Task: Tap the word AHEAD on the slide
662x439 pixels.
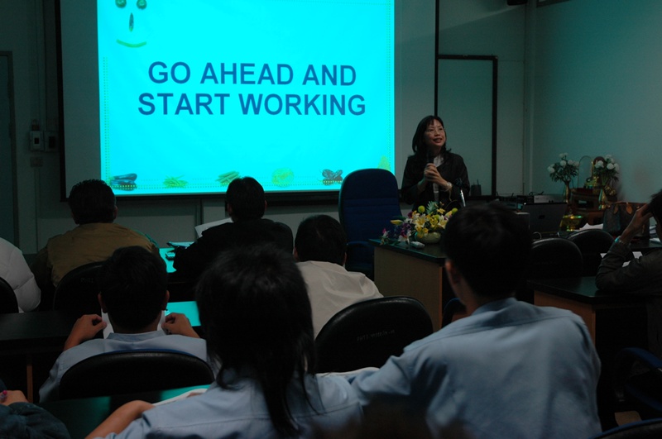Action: (247, 74)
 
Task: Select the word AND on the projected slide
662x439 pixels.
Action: (329, 74)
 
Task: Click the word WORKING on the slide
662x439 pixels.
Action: (302, 105)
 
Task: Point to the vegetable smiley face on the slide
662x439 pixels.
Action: (132, 22)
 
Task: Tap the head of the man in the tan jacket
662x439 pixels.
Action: (93, 202)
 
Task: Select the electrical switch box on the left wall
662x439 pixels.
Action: (36, 141)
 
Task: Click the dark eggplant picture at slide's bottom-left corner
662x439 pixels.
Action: (123, 181)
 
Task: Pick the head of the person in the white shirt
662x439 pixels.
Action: (320, 239)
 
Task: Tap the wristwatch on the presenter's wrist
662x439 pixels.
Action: (448, 185)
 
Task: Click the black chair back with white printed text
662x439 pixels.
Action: (372, 333)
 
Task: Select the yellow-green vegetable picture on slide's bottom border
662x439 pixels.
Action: (282, 177)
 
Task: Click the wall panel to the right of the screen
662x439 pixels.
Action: (466, 126)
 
